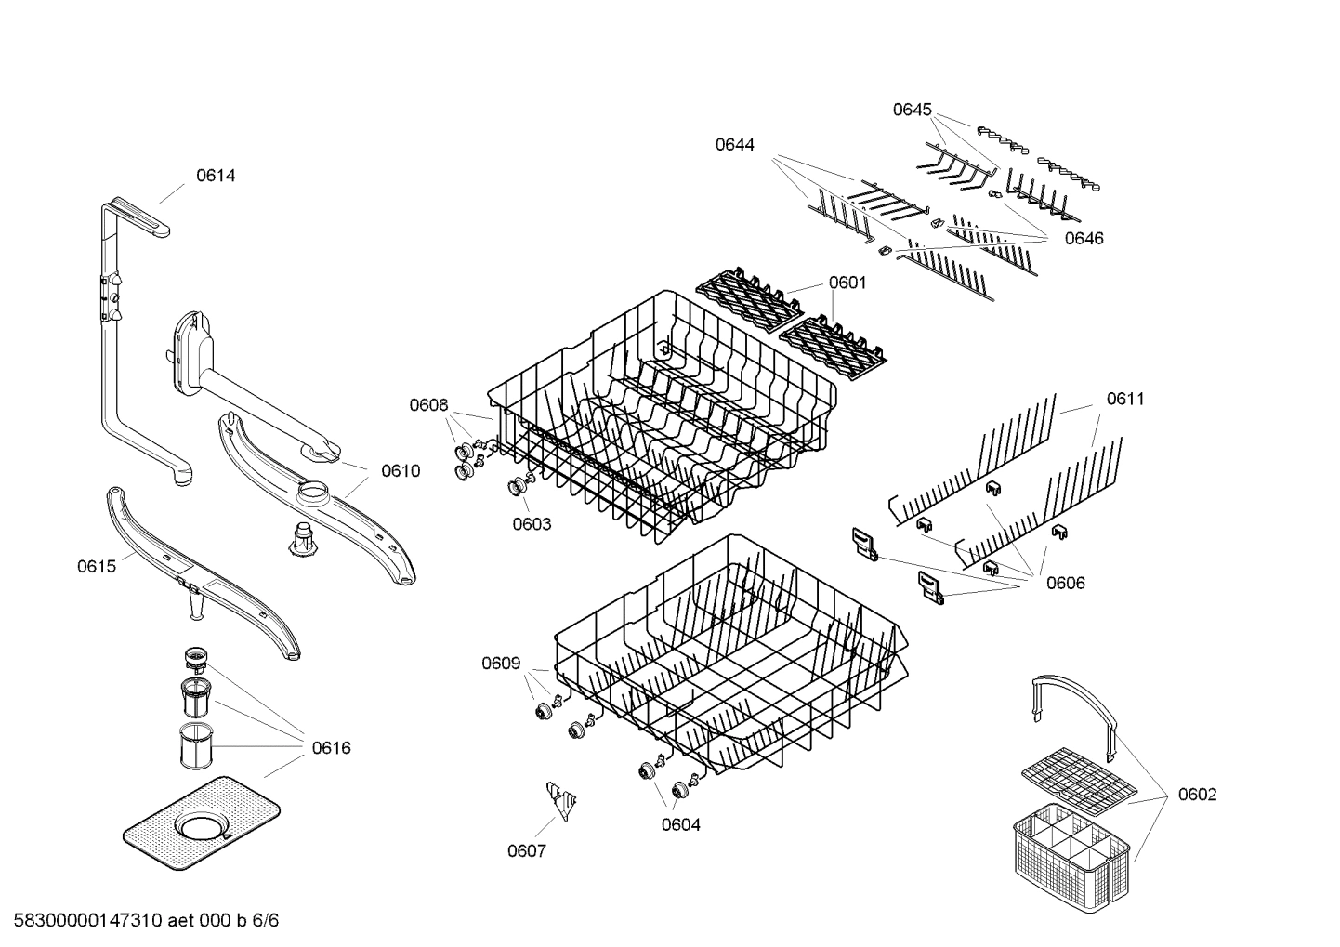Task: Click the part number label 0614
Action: [215, 176]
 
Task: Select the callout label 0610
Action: [400, 470]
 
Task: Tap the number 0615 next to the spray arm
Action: [97, 566]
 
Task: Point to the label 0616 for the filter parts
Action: [332, 747]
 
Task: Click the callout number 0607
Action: [526, 850]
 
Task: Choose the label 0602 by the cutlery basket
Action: [1197, 794]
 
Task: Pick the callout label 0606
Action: [1065, 583]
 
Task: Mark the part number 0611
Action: [1125, 399]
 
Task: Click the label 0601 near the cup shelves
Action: [847, 283]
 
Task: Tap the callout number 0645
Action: [912, 110]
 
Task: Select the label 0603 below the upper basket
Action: [532, 523]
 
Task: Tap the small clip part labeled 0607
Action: [560, 798]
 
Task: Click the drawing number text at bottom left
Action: [146, 921]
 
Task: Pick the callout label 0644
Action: [734, 144]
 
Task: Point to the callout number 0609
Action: [500, 663]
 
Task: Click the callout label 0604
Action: [680, 823]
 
